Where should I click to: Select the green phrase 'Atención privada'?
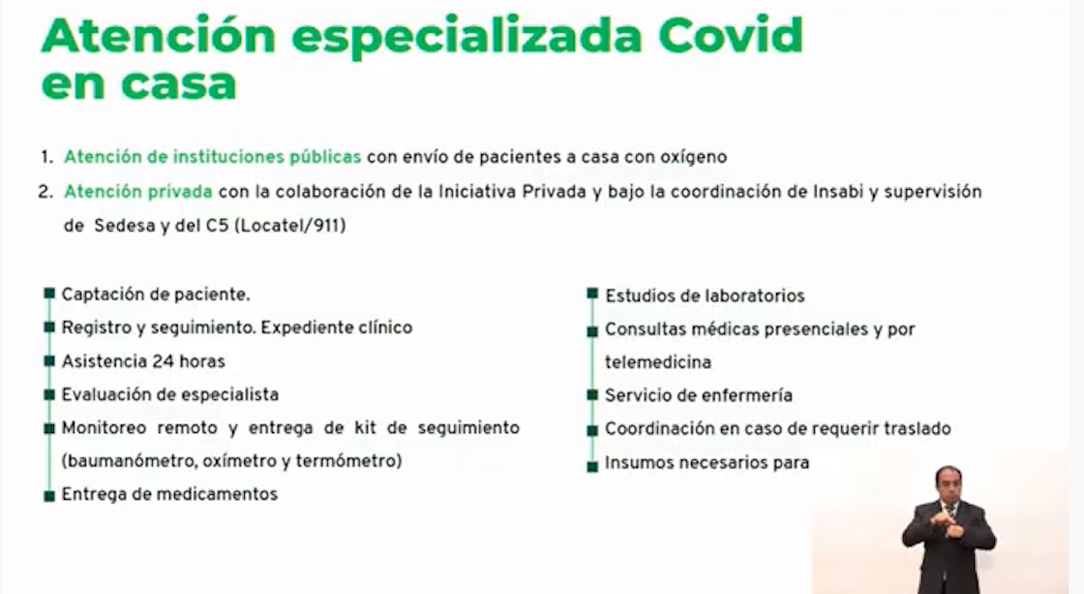(139, 192)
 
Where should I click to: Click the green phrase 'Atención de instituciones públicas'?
(212, 156)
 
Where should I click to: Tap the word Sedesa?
(126, 225)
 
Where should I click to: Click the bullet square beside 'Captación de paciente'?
(49, 294)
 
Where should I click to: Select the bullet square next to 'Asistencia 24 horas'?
(49, 360)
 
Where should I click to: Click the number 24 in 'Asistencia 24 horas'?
(163, 361)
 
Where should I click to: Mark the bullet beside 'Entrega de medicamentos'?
(49, 495)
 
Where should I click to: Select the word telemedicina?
(658, 362)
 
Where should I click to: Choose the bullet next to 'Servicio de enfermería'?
(591, 395)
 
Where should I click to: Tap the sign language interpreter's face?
(948, 483)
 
